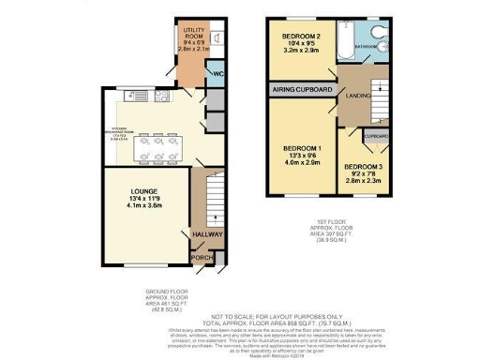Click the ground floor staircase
coord(212,198)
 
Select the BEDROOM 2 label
coord(302,37)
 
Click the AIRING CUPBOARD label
coord(302,90)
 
